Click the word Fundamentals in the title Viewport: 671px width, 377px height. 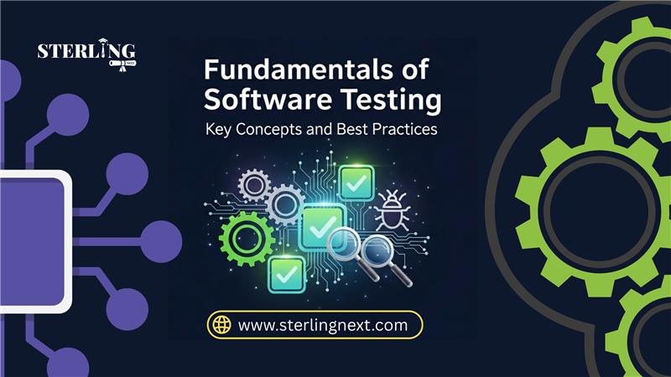tap(297, 70)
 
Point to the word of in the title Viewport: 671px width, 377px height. tap(415, 70)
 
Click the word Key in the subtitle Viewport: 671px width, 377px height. tap(218, 130)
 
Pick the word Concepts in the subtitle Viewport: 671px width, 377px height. tap(269, 130)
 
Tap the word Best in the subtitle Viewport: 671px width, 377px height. tap(351, 129)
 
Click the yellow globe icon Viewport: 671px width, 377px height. tap(221, 325)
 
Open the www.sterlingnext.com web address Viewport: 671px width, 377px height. tap(323, 325)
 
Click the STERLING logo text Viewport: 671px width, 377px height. tap(86, 50)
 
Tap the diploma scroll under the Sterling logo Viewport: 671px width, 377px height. tap(122, 65)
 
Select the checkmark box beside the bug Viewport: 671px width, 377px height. tap(356, 183)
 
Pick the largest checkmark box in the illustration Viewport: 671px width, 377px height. tap(323, 227)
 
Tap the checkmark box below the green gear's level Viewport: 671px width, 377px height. tap(287, 275)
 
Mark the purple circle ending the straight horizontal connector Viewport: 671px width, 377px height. tap(161, 241)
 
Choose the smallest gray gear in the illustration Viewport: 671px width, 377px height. tap(254, 185)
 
